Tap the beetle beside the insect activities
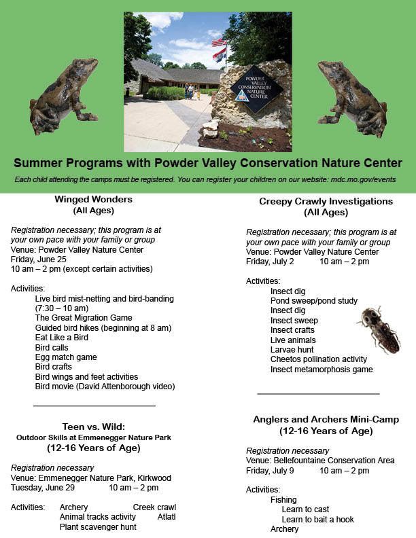click(x=379, y=329)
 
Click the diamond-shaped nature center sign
click(x=256, y=89)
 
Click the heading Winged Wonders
click(x=93, y=200)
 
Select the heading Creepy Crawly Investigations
click(x=326, y=202)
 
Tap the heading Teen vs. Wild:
click(x=93, y=427)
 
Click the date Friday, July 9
click(x=270, y=471)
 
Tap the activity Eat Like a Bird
click(x=62, y=338)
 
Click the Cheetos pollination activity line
click(x=318, y=359)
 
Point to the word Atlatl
click(x=167, y=517)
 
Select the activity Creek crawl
click(x=154, y=507)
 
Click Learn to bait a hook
click(x=317, y=520)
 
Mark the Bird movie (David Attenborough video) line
click(x=105, y=387)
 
